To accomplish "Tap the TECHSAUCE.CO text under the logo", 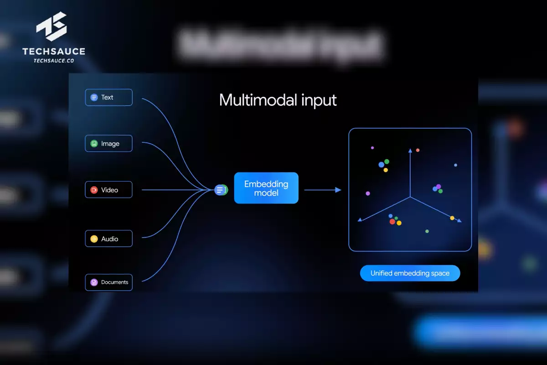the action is [54, 60].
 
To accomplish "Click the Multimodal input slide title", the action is [278, 100].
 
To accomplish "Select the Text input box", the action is [108, 97].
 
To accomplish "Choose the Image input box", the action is [108, 143].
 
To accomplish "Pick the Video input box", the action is [108, 190].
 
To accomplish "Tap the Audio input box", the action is [108, 239].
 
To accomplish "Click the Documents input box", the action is [108, 282].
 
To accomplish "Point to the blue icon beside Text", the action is [94, 97].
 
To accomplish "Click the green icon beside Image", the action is [94, 144].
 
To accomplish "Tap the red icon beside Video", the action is [94, 190].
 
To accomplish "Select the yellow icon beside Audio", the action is [94, 239].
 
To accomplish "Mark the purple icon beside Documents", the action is [94, 282].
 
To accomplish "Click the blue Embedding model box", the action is [266, 188].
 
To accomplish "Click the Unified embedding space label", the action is [410, 273].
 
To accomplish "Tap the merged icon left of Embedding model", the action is [221, 190].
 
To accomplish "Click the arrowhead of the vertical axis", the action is [410, 150].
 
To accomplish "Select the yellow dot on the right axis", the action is [452, 218].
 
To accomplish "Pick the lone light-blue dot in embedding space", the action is [455, 165].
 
